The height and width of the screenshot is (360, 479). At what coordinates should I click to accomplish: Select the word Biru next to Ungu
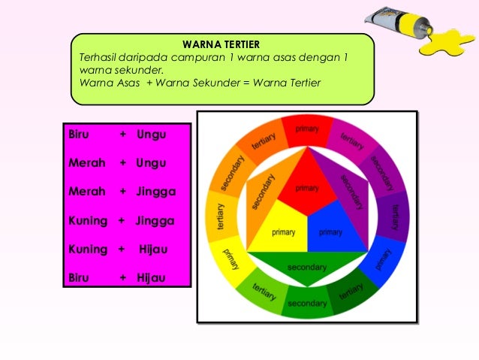click(x=79, y=135)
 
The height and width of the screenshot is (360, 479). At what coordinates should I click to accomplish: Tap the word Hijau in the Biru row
click(x=151, y=277)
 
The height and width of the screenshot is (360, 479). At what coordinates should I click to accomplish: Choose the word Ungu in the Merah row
click(x=151, y=163)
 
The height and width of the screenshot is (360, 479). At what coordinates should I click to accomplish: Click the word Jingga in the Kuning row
click(x=155, y=220)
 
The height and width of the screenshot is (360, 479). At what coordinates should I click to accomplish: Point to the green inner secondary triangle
click(x=306, y=266)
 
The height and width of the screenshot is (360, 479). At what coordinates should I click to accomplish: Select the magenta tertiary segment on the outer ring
click(x=349, y=139)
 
